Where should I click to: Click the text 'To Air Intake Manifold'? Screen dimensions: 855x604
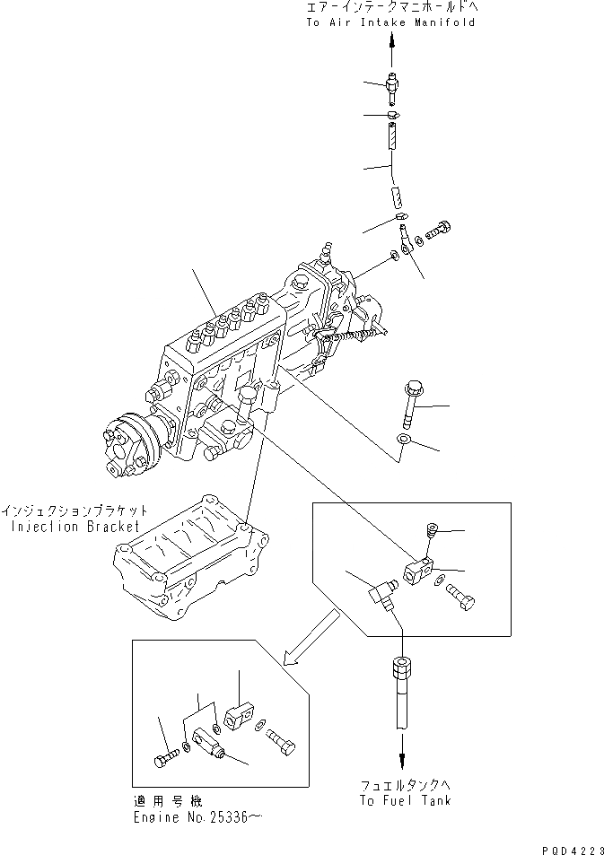(x=390, y=22)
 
